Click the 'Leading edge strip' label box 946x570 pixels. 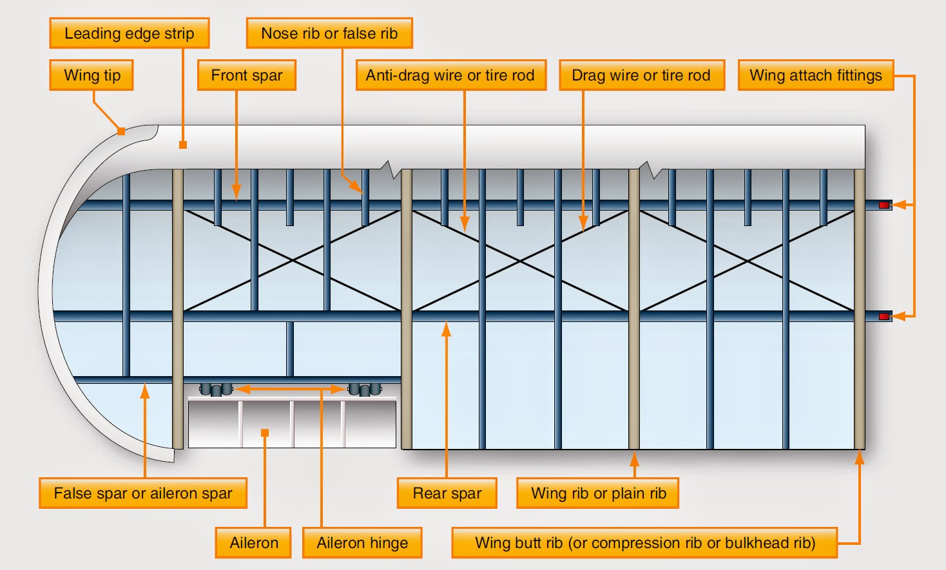tap(130, 33)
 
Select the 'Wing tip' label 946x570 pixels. tap(92, 75)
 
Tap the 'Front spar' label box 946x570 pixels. tap(246, 75)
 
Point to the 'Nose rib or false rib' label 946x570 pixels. tap(329, 33)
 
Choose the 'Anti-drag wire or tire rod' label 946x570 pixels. tap(450, 75)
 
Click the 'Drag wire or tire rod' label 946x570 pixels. tap(641, 75)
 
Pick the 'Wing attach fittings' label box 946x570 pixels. tap(815, 75)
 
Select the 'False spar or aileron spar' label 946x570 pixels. tap(143, 493)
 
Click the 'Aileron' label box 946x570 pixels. tap(254, 543)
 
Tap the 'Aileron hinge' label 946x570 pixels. tap(362, 543)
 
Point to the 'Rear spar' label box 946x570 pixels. tap(447, 493)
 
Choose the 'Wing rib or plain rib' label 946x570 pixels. tap(598, 493)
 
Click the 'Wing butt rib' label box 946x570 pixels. tap(644, 543)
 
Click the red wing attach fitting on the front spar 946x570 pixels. tap(884, 205)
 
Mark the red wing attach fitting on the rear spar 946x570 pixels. tap(884, 316)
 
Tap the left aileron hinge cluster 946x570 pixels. tap(216, 390)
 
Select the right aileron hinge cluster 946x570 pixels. tap(365, 390)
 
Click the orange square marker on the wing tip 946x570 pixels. tap(121, 131)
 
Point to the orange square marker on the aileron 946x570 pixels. tap(265, 433)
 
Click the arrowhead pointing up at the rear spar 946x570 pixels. tap(446, 329)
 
